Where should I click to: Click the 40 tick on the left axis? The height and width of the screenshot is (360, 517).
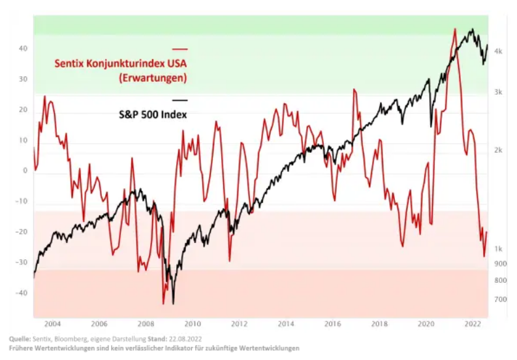tap(23, 48)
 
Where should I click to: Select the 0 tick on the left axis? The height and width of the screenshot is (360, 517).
tap(24, 171)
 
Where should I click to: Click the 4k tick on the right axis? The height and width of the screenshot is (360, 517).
tap(497, 51)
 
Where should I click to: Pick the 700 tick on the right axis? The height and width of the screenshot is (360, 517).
tap(499, 299)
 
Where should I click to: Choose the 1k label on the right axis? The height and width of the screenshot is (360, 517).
tap(497, 249)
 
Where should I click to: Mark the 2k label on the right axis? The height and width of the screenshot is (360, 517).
tap(497, 150)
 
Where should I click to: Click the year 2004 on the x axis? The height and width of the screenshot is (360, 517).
tap(52, 324)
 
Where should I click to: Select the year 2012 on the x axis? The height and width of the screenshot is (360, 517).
tap(239, 324)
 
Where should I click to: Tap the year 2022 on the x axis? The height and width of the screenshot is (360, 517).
tap(472, 324)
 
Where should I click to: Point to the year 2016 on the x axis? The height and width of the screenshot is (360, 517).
tap(332, 324)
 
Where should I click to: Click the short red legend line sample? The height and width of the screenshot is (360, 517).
tap(180, 49)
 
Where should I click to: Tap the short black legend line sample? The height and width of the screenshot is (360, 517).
tap(180, 101)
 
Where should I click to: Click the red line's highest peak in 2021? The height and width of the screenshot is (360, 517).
tap(454, 29)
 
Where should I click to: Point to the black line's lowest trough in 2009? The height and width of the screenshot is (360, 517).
tap(173, 303)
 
